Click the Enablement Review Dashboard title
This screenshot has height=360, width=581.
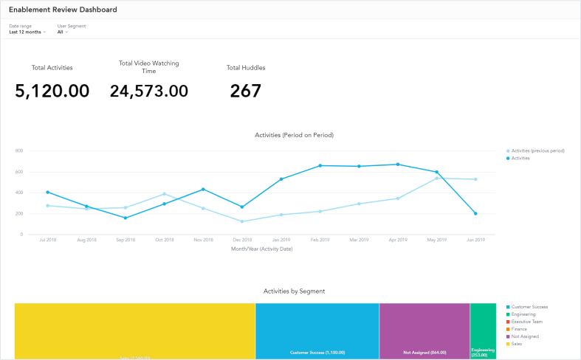[63, 10]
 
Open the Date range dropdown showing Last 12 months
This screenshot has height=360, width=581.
[27, 32]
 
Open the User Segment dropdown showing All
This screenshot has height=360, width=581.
[63, 32]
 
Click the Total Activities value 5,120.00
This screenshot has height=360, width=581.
[52, 91]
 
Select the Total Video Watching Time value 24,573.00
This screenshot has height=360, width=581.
[148, 91]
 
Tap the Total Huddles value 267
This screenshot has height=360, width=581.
[245, 91]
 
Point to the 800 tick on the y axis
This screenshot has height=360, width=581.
[19, 150]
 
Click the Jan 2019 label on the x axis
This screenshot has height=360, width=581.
[281, 240]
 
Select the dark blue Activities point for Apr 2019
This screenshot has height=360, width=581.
[398, 165]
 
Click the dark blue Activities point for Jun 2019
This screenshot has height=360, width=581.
[475, 214]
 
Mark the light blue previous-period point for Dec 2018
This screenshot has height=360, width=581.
[242, 221]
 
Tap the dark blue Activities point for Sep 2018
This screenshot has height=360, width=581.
[126, 218]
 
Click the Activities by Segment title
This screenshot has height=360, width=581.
[294, 291]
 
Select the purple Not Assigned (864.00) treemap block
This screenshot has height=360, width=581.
[424, 330]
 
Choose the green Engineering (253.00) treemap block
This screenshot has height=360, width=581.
[483, 330]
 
